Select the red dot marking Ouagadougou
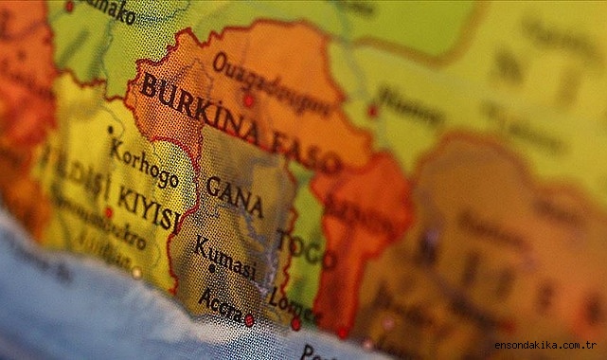(x=248, y=100)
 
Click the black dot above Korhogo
(x=111, y=130)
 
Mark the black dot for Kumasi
(x=211, y=268)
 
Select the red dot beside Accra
(x=249, y=320)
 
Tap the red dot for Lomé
(x=295, y=324)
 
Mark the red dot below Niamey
(x=373, y=111)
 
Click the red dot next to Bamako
(x=68, y=6)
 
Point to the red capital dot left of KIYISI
(x=108, y=212)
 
